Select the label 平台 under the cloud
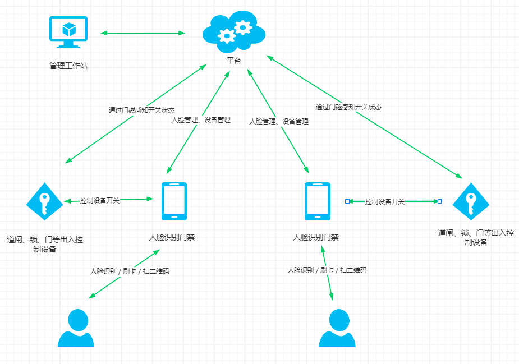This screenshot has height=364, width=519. coord(234,61)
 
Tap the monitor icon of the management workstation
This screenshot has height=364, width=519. coord(68,33)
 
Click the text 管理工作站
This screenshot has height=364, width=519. coord(68,66)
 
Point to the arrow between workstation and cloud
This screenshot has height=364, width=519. coord(143,33)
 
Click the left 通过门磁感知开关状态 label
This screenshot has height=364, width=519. coord(141,110)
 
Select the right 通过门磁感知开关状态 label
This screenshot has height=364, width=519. coord(348,107)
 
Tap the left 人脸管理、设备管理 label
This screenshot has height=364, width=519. coord(200,119)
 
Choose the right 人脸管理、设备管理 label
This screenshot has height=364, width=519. coord(279,121)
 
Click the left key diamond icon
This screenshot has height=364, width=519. coord(45,201)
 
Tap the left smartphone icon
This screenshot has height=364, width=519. coord(174,201)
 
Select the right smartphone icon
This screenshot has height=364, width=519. coord(318,201)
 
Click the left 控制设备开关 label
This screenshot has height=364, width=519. coord(99,200)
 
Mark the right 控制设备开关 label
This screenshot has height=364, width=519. coord(385,201)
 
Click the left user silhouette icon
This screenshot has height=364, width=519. coord(76,328)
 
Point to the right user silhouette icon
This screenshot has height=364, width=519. coord(337,328)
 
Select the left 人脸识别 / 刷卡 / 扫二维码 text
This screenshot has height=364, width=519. coord(130,271)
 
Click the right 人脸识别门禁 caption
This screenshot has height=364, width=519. coord(316,237)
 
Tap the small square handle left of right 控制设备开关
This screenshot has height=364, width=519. coord(347,201)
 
